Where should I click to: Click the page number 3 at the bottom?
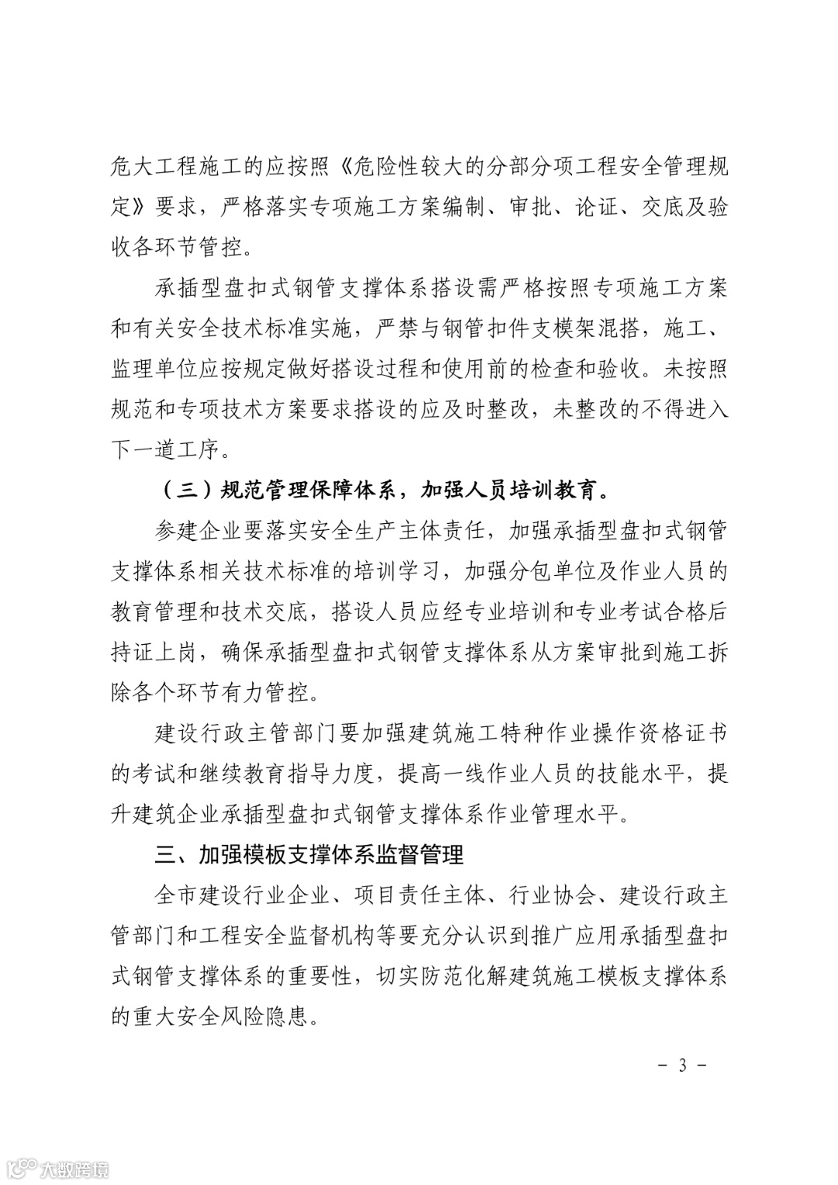click(x=683, y=1065)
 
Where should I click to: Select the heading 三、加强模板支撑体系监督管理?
click(x=310, y=854)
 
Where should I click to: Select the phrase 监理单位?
click(x=154, y=369)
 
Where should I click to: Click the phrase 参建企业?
click(x=199, y=532)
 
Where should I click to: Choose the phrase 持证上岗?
click(x=154, y=653)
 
